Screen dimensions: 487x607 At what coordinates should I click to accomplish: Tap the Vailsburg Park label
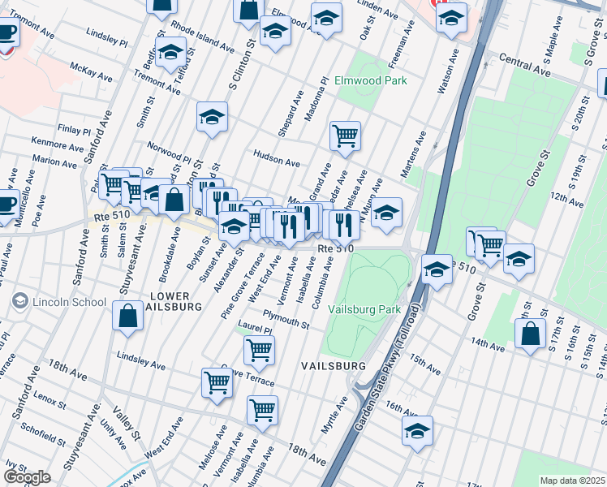pyautogui.click(x=364, y=309)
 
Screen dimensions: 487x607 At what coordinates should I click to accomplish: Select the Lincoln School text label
pyautogui.click(x=69, y=303)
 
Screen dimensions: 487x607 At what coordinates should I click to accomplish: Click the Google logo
pyautogui.click(x=27, y=477)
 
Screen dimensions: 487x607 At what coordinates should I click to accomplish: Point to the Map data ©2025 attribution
pyautogui.click(x=572, y=481)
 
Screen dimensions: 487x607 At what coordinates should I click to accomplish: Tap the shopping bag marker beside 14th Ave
pyautogui.click(x=530, y=333)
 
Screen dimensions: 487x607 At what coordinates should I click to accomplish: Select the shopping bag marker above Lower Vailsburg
pyautogui.click(x=128, y=317)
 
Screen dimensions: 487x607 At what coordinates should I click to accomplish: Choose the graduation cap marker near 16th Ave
pyautogui.click(x=417, y=430)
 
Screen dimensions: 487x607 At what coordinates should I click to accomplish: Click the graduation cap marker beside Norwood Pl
pyautogui.click(x=212, y=116)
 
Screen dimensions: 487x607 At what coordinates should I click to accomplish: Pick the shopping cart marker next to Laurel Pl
pyautogui.click(x=259, y=350)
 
